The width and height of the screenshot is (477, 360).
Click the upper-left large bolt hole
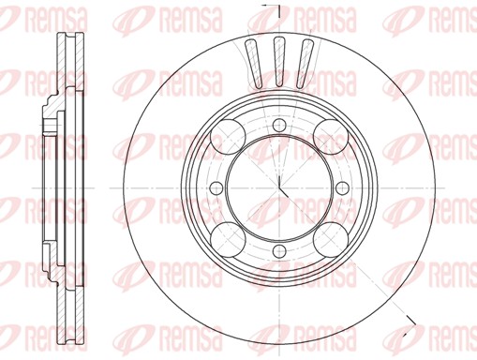[228, 137]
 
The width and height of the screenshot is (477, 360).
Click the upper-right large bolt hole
[331, 137]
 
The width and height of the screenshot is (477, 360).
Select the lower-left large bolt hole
[228, 239]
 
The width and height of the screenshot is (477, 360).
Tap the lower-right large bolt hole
[331, 239]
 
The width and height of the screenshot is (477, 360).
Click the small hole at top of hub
[279, 125]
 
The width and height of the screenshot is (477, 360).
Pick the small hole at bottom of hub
[279, 251]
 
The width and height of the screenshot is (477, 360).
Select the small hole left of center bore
[216, 187]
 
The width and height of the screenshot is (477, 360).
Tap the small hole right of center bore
[343, 187]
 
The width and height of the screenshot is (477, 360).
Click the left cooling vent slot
[254, 64]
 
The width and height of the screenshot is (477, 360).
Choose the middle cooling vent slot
[279, 61]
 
